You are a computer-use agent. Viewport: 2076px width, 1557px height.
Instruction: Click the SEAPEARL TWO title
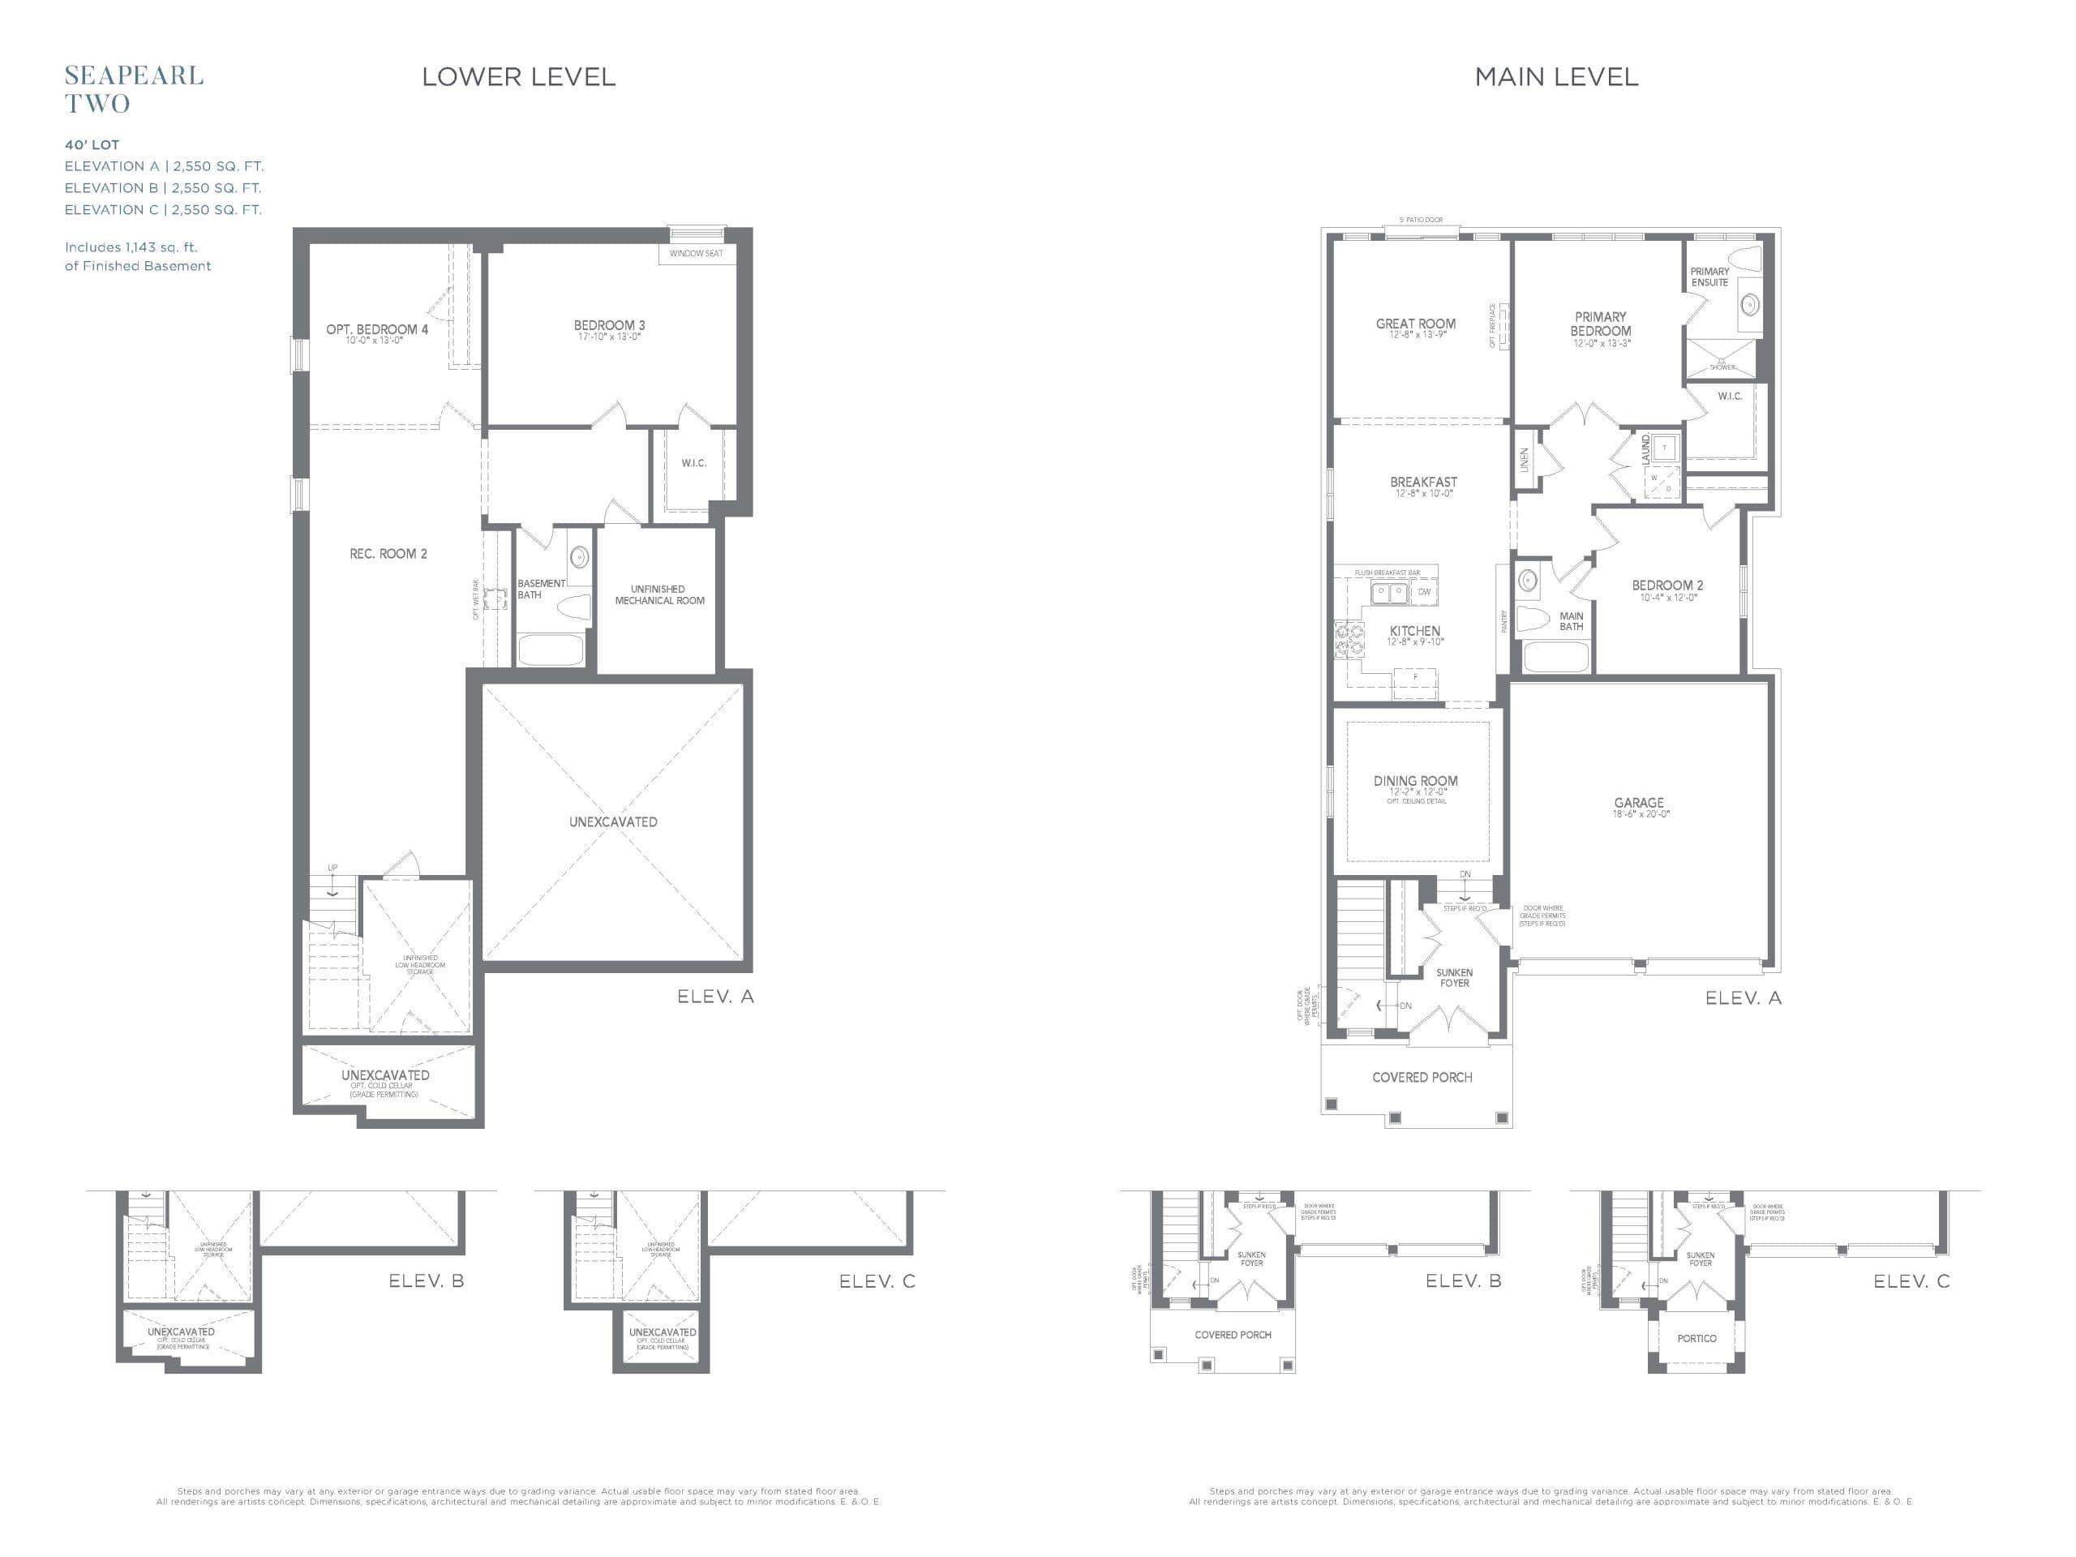[x=133, y=89]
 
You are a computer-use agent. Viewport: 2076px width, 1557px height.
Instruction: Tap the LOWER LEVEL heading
[x=518, y=77]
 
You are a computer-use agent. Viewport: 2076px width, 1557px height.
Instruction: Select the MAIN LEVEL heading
[x=1556, y=77]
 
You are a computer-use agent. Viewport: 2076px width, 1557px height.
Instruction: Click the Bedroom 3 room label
[x=609, y=326]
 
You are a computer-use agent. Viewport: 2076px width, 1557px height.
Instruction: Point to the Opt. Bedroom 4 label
[x=376, y=329]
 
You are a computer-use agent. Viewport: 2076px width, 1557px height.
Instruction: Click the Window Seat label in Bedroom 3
[x=696, y=253]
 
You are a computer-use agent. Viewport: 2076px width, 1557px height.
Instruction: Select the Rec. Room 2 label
[x=388, y=554]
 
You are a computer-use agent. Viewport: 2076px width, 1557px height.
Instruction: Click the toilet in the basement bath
[x=573, y=607]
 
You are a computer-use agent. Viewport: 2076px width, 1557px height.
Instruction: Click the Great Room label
[x=1415, y=324]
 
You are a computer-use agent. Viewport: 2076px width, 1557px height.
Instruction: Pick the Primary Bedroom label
[x=1600, y=324]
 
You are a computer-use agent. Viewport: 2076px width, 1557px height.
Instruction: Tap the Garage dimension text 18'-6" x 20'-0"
[x=1641, y=815]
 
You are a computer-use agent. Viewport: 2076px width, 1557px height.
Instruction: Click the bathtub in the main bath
[x=1556, y=656]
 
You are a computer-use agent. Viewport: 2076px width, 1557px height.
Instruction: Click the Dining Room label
[x=1415, y=781]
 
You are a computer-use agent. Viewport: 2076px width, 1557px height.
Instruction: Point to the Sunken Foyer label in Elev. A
[x=1454, y=978]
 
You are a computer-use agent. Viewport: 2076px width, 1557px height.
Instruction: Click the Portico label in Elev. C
[x=1696, y=1338]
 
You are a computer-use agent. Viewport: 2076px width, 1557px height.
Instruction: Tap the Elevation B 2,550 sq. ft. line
[x=162, y=187]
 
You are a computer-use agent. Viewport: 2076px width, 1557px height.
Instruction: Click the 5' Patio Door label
[x=1421, y=220]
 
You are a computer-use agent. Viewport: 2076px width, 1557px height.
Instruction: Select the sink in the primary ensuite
[x=1749, y=304]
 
